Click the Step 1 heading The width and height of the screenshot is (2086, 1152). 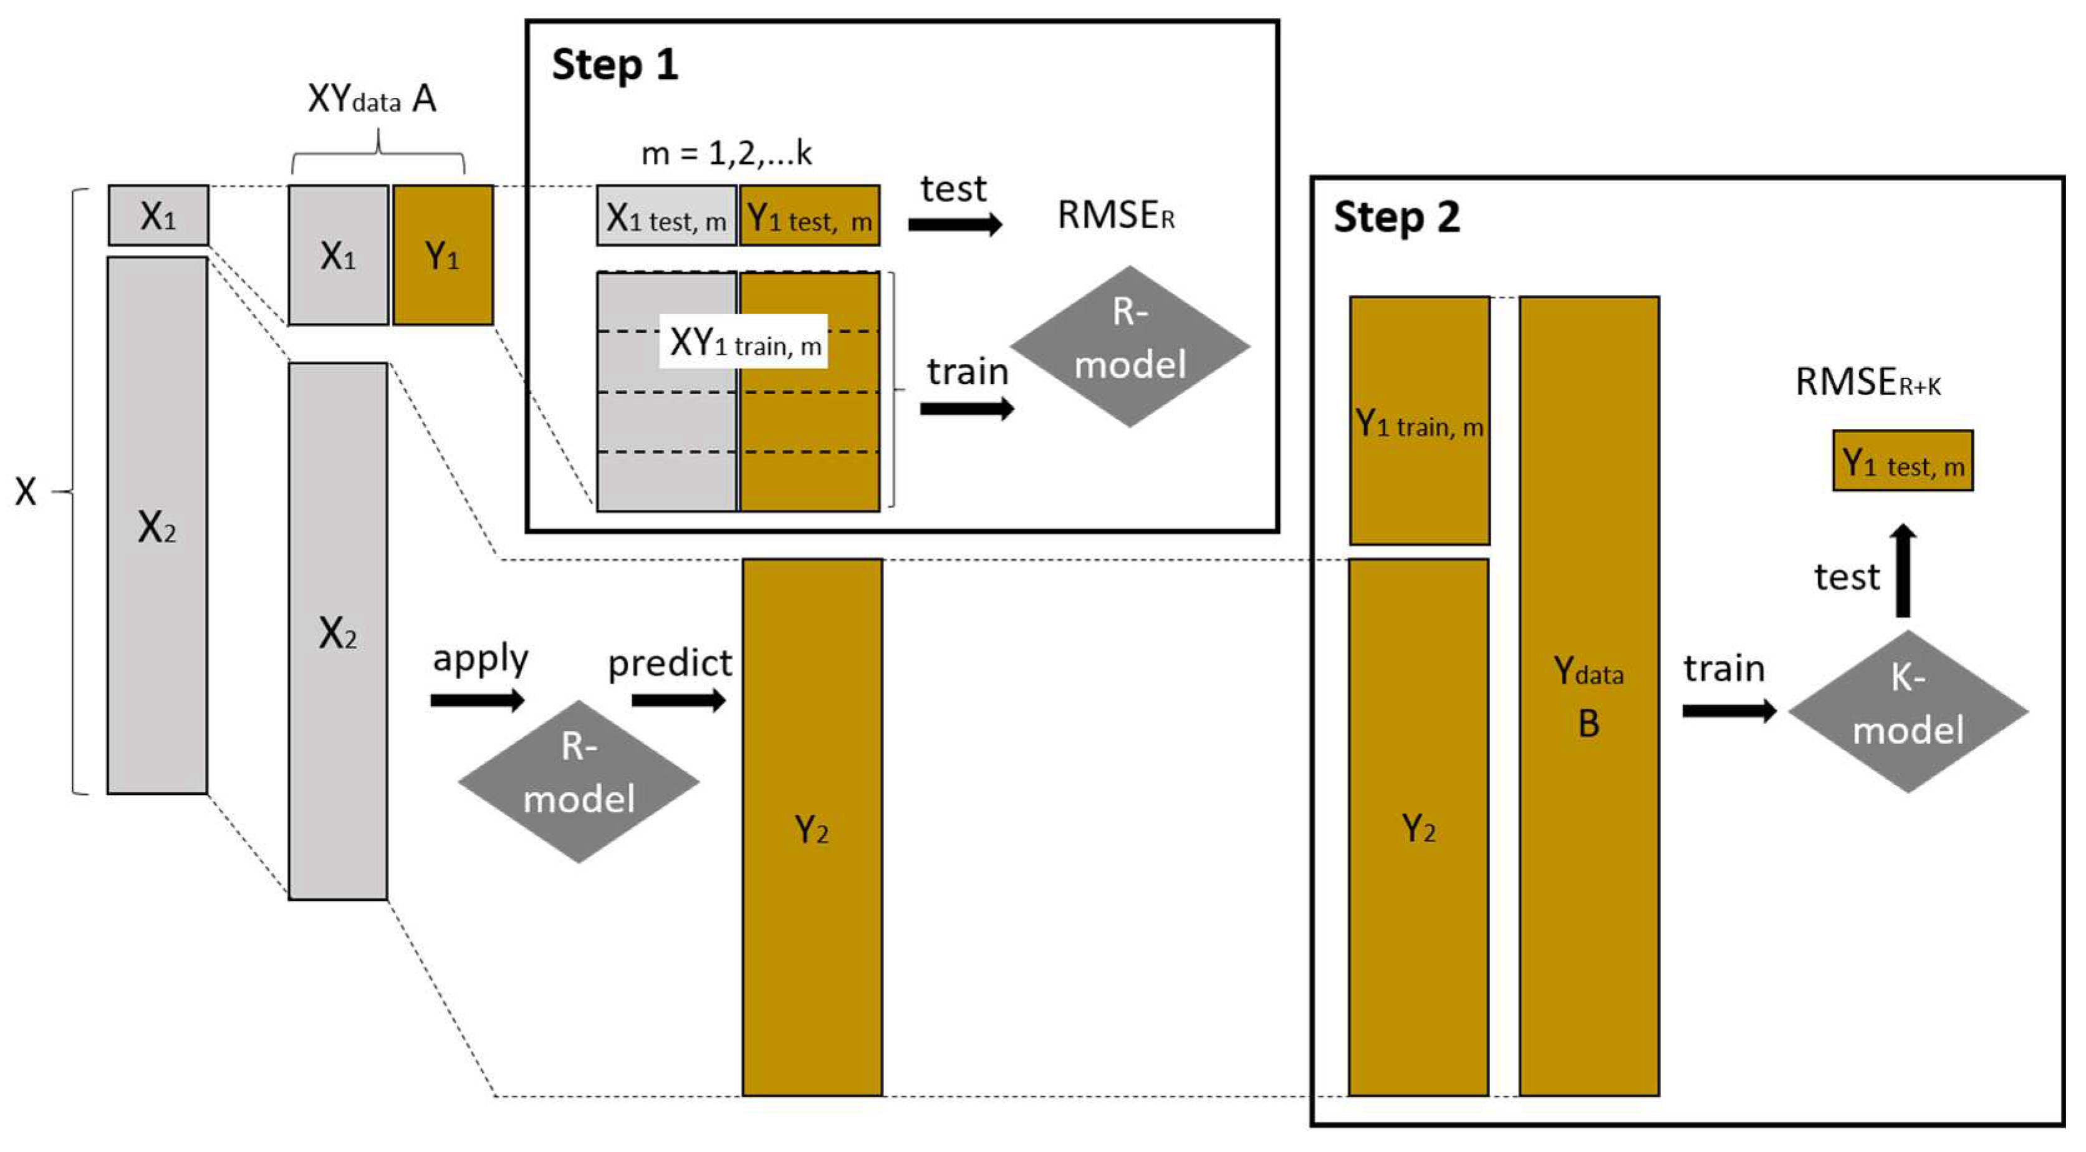(614, 65)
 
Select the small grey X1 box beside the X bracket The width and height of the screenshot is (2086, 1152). (158, 215)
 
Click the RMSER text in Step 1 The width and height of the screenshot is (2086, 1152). (1115, 215)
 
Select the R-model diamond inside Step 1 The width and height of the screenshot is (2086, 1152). (1129, 347)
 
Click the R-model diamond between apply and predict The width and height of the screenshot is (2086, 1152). (578, 781)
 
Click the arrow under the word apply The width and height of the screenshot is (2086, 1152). (477, 700)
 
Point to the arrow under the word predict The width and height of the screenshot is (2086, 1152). (678, 700)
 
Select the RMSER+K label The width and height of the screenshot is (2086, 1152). (1867, 382)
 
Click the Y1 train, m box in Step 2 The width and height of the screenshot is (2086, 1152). (1419, 421)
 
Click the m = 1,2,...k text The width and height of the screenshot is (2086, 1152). (726, 152)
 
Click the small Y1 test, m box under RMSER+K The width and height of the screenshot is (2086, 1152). (1902, 461)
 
